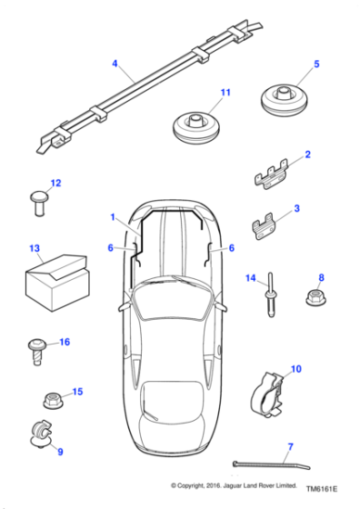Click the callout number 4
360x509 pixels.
[x=115, y=63]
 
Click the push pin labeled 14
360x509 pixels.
[x=273, y=297]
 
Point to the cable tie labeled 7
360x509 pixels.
[x=264, y=464]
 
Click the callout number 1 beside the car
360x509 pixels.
[x=113, y=218]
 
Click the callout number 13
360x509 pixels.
[x=35, y=247]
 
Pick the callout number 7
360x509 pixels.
[x=290, y=445]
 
